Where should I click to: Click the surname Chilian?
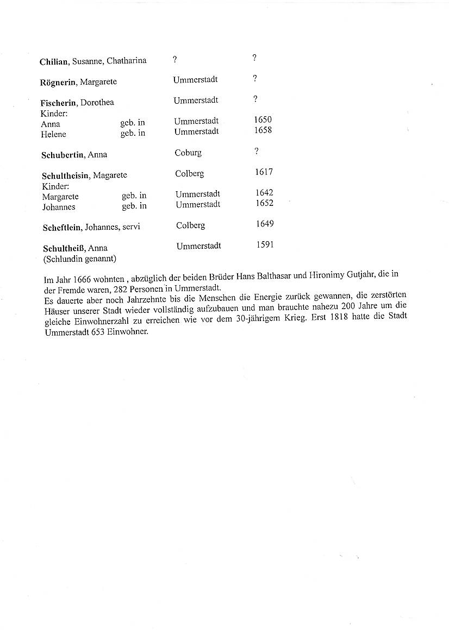point(54,62)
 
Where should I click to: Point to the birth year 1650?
point(263,120)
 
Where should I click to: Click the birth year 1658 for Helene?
point(263,130)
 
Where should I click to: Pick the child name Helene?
point(53,134)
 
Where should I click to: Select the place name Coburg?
point(188,153)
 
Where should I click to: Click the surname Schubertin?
point(63,155)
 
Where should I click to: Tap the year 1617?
point(264,172)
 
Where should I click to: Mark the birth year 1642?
point(264,193)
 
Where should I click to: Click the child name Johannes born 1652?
point(59,207)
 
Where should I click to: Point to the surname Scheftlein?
point(63,227)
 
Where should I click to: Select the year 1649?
point(265,224)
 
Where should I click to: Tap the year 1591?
point(265,244)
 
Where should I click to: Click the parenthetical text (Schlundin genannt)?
point(79,259)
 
